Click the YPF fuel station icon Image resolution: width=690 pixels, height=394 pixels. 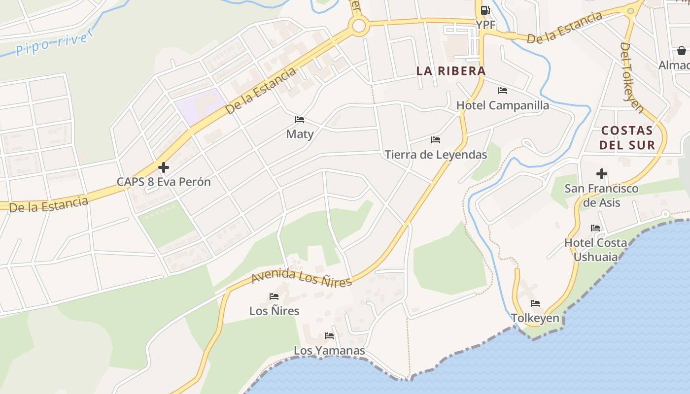click(485, 10)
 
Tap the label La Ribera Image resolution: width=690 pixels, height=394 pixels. click(451, 71)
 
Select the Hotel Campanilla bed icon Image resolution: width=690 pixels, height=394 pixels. click(503, 91)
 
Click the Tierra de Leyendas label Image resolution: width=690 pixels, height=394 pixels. click(436, 155)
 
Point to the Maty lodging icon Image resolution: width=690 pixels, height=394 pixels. click(299, 120)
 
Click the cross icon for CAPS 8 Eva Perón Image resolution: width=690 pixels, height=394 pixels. click(164, 167)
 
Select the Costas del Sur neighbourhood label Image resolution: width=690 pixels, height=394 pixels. click(627, 137)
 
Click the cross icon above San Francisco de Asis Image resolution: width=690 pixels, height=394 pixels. click(601, 174)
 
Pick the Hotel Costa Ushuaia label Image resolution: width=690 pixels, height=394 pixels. click(595, 250)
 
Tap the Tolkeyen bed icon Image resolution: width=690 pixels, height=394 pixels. click(535, 303)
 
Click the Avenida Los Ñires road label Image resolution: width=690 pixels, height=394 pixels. click(302, 277)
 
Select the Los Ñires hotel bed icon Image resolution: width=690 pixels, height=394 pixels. click(274, 296)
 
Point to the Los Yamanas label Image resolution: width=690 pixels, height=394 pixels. click(329, 351)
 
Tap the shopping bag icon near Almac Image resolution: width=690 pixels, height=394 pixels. click(681, 51)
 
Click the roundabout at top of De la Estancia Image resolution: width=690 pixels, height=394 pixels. click(358, 26)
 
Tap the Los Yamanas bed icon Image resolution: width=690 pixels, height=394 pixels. click(329, 336)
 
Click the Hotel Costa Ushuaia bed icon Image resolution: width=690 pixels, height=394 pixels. click(595, 228)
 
